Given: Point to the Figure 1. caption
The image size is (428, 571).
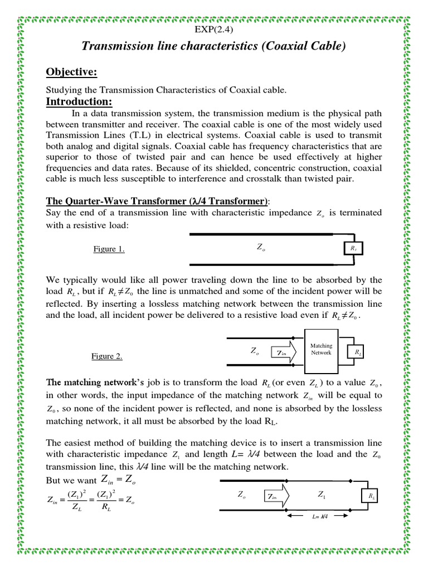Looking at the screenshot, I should (x=109, y=249).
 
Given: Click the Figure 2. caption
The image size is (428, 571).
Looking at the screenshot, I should (x=107, y=356).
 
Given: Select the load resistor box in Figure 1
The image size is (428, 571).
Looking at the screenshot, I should (x=352, y=248).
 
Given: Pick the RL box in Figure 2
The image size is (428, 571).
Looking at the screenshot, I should (x=355, y=352).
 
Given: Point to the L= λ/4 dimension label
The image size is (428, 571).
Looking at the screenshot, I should (x=319, y=517).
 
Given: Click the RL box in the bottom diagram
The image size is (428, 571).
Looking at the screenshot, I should (x=370, y=495).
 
